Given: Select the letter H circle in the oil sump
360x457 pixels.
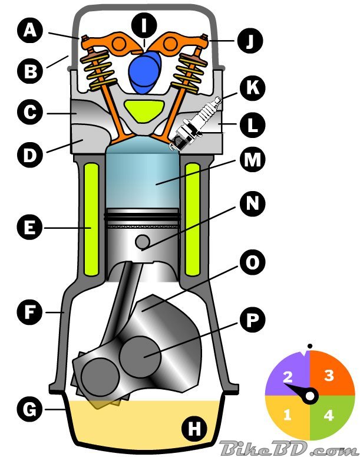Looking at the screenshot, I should pos(193,429).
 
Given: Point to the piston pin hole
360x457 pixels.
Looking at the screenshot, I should pos(142,242).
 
